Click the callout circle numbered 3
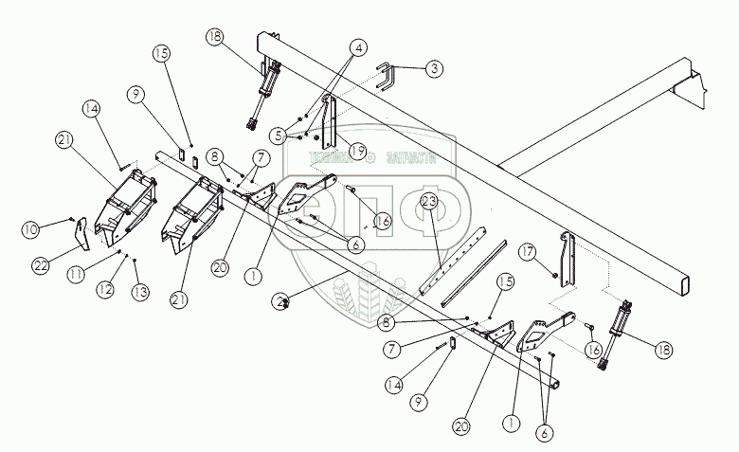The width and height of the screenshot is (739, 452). tap(432, 68)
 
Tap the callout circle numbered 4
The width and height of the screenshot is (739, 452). tap(359, 46)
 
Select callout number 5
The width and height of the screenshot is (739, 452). tap(276, 136)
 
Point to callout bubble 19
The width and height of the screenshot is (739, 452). tap(356, 149)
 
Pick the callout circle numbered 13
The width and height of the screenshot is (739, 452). tap(139, 293)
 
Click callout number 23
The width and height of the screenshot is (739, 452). tap(428, 201)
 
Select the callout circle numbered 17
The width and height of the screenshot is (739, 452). tap(527, 251)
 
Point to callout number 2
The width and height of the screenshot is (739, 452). tap(280, 300)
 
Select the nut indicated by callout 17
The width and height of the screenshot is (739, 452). tap(552, 274)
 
